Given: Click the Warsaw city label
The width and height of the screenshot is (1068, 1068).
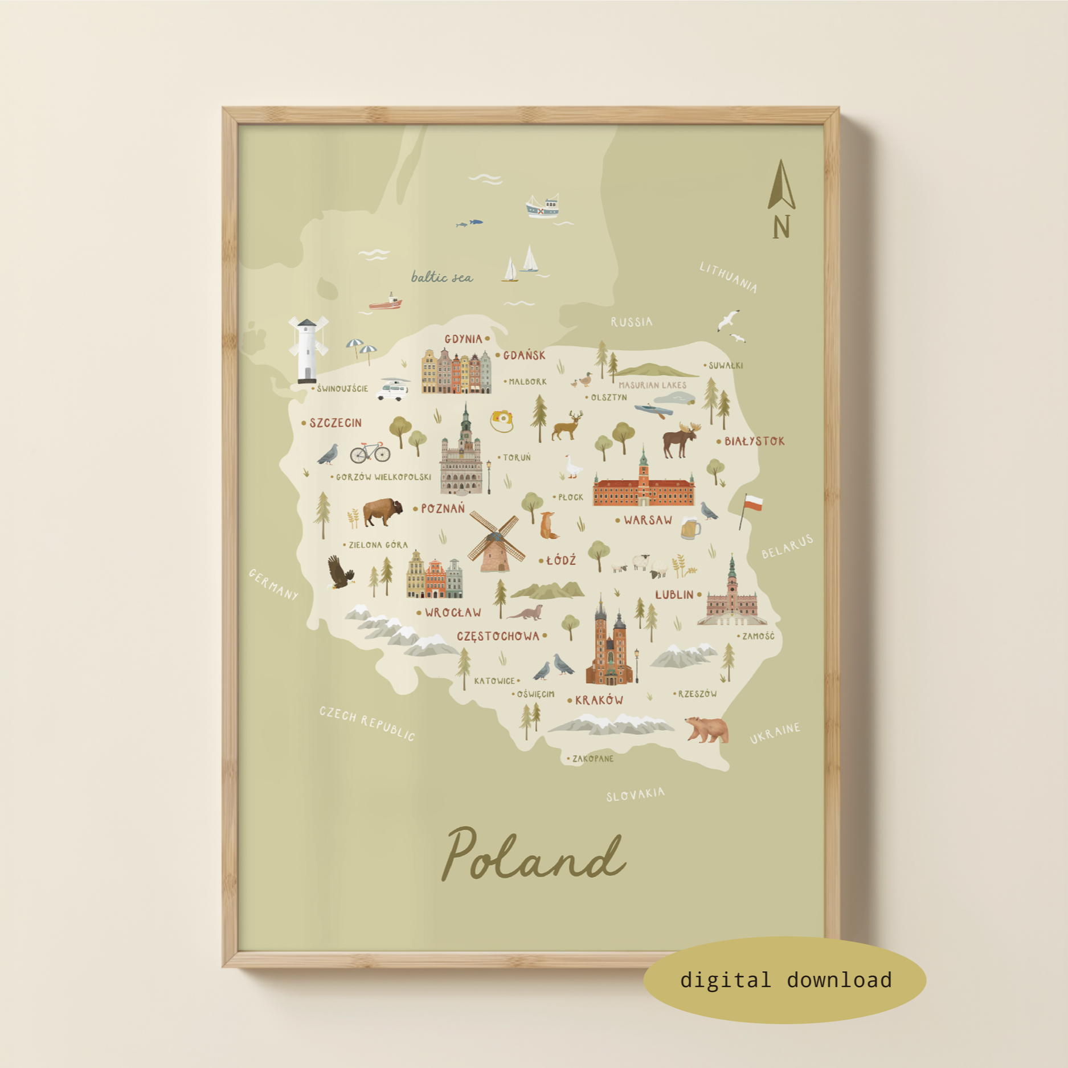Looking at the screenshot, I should [648, 520].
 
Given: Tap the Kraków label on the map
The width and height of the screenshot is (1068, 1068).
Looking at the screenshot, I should [599, 700].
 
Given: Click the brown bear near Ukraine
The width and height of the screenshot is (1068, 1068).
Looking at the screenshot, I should [707, 730].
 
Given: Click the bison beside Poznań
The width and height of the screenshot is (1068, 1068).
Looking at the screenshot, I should [382, 512].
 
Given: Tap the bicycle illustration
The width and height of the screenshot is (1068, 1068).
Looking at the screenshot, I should [370, 452].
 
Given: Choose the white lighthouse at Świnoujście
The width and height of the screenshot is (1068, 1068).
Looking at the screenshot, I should [308, 350].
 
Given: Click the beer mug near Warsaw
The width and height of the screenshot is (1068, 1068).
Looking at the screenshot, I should [690, 529].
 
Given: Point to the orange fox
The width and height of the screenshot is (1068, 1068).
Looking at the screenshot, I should [548, 525].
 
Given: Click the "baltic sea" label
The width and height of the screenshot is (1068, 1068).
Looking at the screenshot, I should [442, 277].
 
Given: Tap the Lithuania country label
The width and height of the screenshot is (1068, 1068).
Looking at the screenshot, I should [729, 277].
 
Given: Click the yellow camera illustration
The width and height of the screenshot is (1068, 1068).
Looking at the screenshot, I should [502, 420].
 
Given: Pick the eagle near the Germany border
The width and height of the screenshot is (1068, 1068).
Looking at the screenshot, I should [339, 572].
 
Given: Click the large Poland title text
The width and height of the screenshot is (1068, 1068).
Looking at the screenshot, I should [534, 854].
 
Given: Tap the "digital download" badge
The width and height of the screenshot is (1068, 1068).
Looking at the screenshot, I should [785, 980].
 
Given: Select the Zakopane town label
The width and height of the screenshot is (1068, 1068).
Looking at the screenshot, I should [592, 759].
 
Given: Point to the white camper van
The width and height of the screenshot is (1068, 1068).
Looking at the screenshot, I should [394, 390].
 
